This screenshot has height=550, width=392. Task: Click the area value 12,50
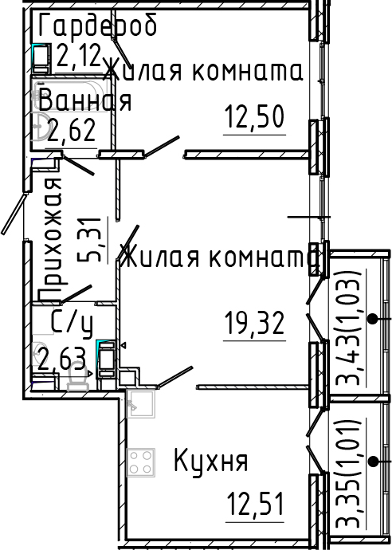point(254,120)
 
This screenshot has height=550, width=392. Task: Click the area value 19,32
point(254,324)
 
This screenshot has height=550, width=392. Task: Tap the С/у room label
point(72,322)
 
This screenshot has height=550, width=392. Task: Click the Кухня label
point(211,461)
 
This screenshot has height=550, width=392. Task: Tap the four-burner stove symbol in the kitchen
point(141,461)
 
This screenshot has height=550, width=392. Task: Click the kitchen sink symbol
point(141,403)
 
